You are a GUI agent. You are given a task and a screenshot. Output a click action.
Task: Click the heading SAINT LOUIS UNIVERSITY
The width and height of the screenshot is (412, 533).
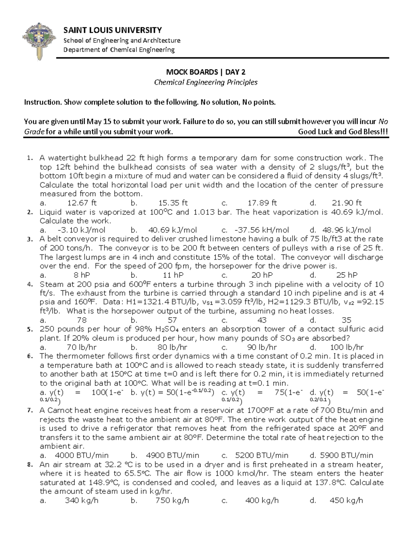tap(113, 30)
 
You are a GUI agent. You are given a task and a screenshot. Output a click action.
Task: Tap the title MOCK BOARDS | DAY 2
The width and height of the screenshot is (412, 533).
tap(206, 72)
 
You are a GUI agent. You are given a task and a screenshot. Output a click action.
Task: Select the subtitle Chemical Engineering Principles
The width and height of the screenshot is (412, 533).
tap(206, 82)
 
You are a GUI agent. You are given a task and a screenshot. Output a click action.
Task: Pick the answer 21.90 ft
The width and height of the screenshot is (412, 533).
tap(347, 203)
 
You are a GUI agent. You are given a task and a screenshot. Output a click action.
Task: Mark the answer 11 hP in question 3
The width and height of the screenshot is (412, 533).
tap(173, 275)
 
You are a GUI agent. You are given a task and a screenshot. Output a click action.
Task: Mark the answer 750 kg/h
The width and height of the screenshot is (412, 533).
tap(172, 500)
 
